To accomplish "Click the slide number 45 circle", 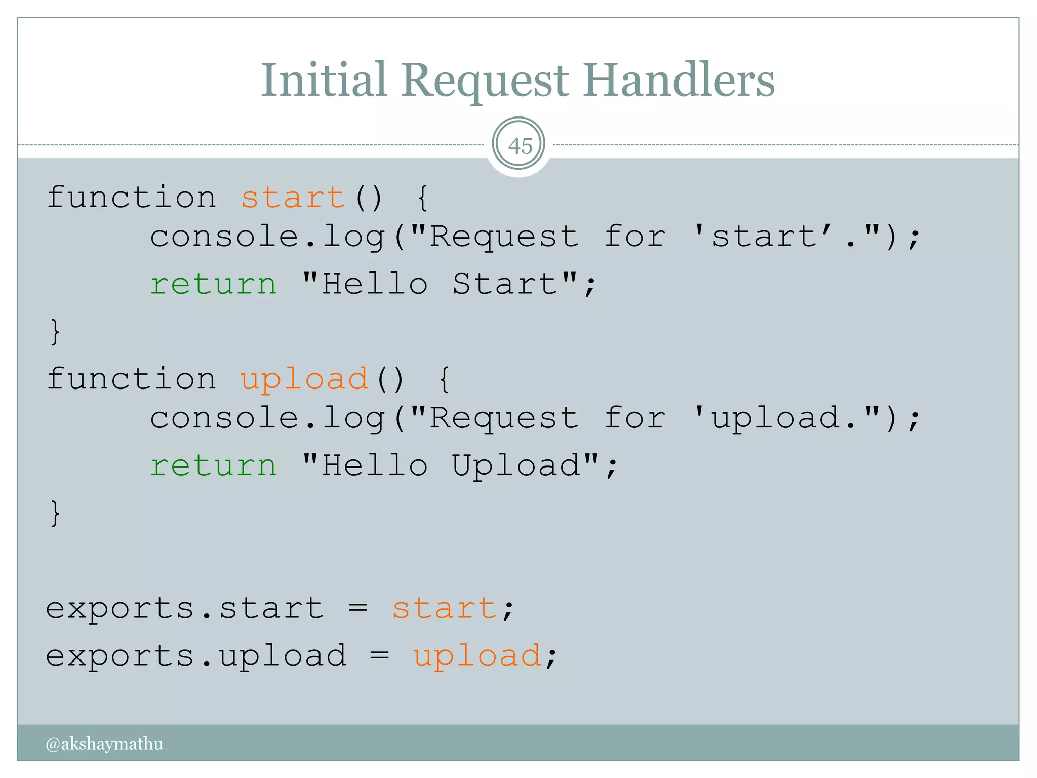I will pyautogui.click(x=518, y=145).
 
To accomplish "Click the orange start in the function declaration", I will pyautogui.click(x=293, y=197).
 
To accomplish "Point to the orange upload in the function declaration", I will pyautogui.click(x=304, y=379).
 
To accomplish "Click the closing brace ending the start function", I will pyautogui.click(x=55, y=332).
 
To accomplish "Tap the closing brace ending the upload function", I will pyautogui.click(x=55, y=513).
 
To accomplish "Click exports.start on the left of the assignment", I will pyautogui.click(x=184, y=608).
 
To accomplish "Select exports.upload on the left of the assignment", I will pyautogui.click(x=196, y=656).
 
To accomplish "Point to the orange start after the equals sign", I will pyautogui.click(x=445, y=608).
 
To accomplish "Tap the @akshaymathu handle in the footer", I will pyautogui.click(x=104, y=744).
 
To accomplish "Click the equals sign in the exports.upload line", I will pyautogui.click(x=379, y=655).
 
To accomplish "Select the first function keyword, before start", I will pyautogui.click(x=132, y=197).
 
